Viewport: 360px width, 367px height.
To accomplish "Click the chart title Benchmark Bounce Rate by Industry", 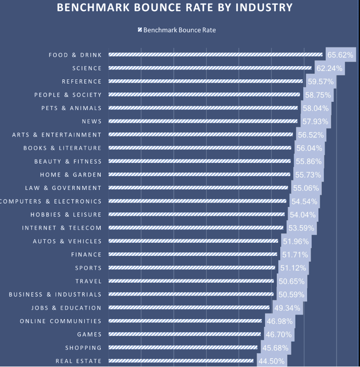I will (175, 8).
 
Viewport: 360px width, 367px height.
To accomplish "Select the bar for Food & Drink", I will (216, 55).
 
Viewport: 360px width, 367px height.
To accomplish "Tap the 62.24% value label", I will (329, 69).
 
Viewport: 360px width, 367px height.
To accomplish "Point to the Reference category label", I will (82, 82).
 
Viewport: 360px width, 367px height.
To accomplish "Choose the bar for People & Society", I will (204, 95).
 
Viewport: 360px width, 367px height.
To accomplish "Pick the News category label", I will (91, 121).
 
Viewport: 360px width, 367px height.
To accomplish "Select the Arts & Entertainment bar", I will (201, 135).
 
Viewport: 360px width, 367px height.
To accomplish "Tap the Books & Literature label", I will (62, 148).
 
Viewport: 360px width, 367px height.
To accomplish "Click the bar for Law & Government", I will (198, 188).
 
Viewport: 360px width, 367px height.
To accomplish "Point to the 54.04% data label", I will (303, 215).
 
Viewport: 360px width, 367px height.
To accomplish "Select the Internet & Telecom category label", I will (62, 228).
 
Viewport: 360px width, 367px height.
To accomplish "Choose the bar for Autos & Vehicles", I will (193, 241).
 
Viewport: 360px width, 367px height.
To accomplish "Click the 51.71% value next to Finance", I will (294, 254).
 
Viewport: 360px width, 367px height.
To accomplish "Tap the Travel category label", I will (89, 281).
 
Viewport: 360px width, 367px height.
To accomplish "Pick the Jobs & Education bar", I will (189, 308).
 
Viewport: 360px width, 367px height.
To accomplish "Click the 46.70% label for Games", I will (278, 335).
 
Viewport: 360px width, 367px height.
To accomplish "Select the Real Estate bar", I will (181, 361).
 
